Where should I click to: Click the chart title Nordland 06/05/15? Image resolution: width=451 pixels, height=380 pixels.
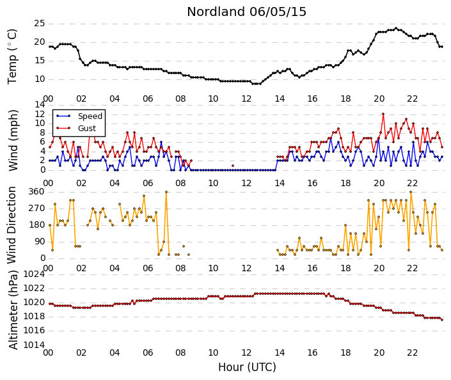(x=246, y=12)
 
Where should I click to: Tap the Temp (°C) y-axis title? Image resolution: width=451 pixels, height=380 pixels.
(x=12, y=57)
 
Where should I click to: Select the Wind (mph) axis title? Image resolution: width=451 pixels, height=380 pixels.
(x=13, y=140)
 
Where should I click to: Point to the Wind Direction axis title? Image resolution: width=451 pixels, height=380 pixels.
(x=12, y=225)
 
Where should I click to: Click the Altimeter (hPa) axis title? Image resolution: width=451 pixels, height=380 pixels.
(x=13, y=310)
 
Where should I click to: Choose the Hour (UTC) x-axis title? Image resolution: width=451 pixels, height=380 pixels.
(x=247, y=367)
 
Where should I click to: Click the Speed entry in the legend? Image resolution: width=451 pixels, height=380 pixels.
(x=90, y=116)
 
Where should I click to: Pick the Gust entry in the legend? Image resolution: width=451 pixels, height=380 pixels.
(x=87, y=129)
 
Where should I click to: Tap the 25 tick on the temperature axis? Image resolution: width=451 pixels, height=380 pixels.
(x=40, y=23)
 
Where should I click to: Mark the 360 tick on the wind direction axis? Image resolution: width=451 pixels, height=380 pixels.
(x=37, y=192)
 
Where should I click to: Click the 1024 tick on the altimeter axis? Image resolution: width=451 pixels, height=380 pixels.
(x=35, y=274)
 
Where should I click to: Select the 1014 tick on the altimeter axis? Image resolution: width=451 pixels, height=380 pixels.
(x=35, y=345)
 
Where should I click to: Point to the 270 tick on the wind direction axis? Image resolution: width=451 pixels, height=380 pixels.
(x=37, y=209)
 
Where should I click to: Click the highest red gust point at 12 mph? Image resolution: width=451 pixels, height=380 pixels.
(x=383, y=115)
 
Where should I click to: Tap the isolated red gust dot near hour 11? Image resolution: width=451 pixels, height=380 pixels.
(x=233, y=166)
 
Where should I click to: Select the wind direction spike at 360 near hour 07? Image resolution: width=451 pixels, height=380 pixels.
(x=166, y=192)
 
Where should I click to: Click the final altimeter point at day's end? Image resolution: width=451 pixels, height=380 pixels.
(x=442, y=320)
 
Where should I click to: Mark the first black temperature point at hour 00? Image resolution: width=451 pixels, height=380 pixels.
(x=50, y=47)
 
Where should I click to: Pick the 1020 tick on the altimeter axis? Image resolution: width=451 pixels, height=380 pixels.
(x=35, y=303)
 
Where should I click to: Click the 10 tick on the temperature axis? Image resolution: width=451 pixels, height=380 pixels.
(x=40, y=79)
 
